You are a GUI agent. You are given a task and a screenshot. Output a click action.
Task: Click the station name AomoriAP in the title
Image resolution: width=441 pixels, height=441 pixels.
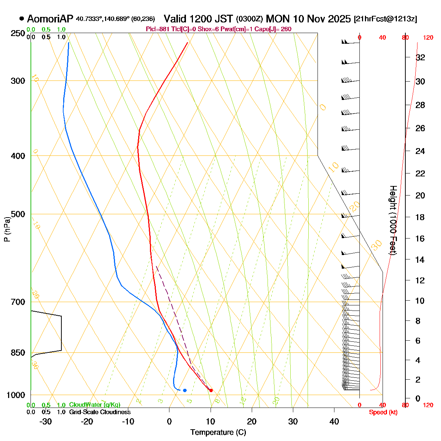pyautogui.click(x=50, y=19)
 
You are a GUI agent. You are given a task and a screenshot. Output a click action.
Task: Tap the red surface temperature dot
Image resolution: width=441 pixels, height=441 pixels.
pyautogui.click(x=211, y=390)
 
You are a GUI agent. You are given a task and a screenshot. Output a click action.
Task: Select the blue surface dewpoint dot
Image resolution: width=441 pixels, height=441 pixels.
pyautogui.click(x=185, y=390)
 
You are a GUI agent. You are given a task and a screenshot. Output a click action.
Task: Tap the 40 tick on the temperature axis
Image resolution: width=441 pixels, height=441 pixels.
pyautogui.click(x=334, y=422)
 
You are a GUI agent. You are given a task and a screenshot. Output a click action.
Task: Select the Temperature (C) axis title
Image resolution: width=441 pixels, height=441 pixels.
pyautogui.click(x=218, y=433)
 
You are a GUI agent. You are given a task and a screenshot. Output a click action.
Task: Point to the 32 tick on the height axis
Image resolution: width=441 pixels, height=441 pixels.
pyautogui.click(x=420, y=57)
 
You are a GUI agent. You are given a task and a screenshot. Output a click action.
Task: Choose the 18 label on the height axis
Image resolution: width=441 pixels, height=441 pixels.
pyautogui.click(x=420, y=217)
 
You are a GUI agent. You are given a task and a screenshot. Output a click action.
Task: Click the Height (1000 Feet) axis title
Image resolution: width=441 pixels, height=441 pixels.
pyautogui.click(x=393, y=220)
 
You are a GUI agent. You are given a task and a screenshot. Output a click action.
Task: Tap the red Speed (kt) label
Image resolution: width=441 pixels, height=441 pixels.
pyautogui.click(x=383, y=412)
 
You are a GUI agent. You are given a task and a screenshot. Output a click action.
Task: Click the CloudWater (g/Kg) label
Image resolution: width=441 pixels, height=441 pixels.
pyautogui.click(x=94, y=405)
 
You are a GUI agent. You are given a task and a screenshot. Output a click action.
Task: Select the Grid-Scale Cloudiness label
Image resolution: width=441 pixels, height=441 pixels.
pyautogui.click(x=100, y=412)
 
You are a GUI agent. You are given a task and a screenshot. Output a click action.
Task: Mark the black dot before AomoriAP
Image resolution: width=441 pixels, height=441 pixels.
pyautogui.click(x=22, y=18)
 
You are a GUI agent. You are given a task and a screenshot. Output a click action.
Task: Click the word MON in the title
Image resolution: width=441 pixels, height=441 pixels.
pyautogui.click(x=277, y=19)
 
